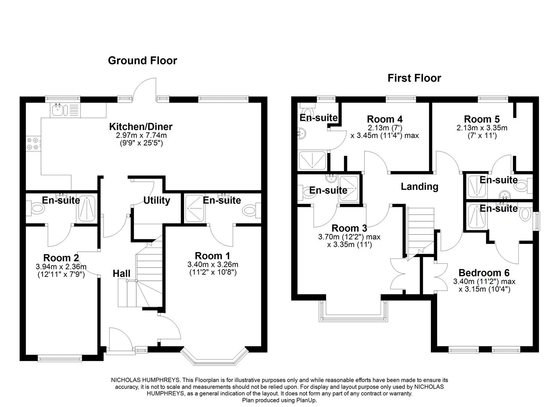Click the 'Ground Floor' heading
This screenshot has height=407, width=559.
click(142, 61)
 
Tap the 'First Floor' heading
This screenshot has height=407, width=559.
click(414, 78)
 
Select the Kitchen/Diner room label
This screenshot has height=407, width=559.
click(141, 127)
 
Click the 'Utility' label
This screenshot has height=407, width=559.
click(157, 200)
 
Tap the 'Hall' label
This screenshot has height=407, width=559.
click(122, 274)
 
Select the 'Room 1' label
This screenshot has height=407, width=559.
click(212, 256)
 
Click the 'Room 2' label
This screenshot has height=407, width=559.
click(61, 258)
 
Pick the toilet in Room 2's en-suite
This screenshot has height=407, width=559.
click(37, 207)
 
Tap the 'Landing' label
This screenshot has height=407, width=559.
click(419, 187)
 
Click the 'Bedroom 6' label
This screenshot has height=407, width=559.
click(484, 273)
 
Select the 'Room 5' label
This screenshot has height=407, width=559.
click(482, 119)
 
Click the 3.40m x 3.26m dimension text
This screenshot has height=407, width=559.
click(213, 265)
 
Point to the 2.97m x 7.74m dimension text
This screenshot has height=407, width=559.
click(141, 135)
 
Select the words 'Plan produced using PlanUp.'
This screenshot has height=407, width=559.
click(279, 400)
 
